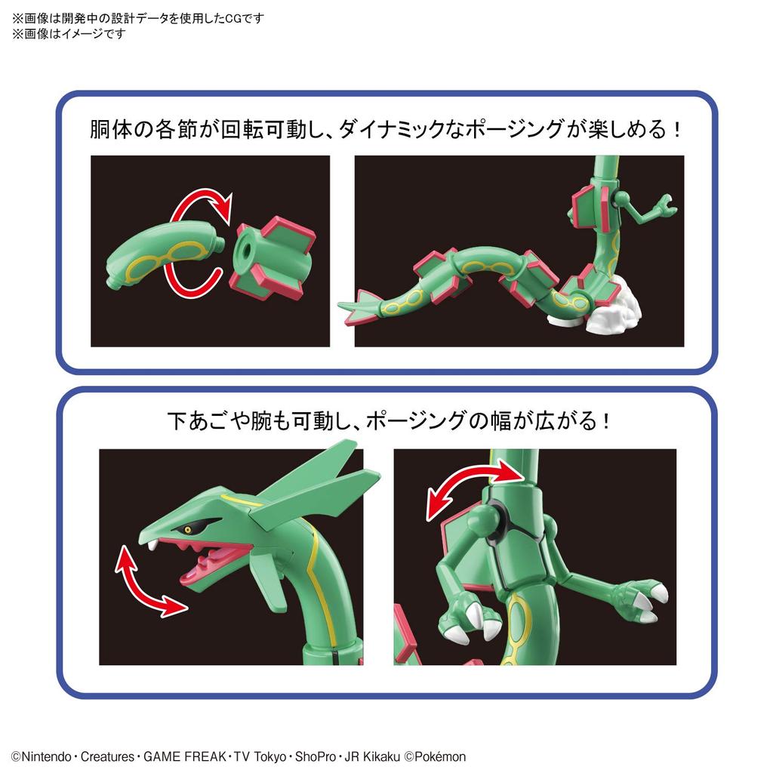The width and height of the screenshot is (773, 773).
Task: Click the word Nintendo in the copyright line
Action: (47, 756)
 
